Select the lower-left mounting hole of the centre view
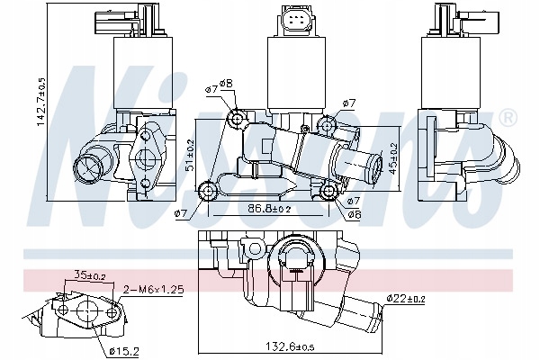pyautogui.click(x=208, y=189)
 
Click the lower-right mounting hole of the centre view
pyautogui.click(x=329, y=191)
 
